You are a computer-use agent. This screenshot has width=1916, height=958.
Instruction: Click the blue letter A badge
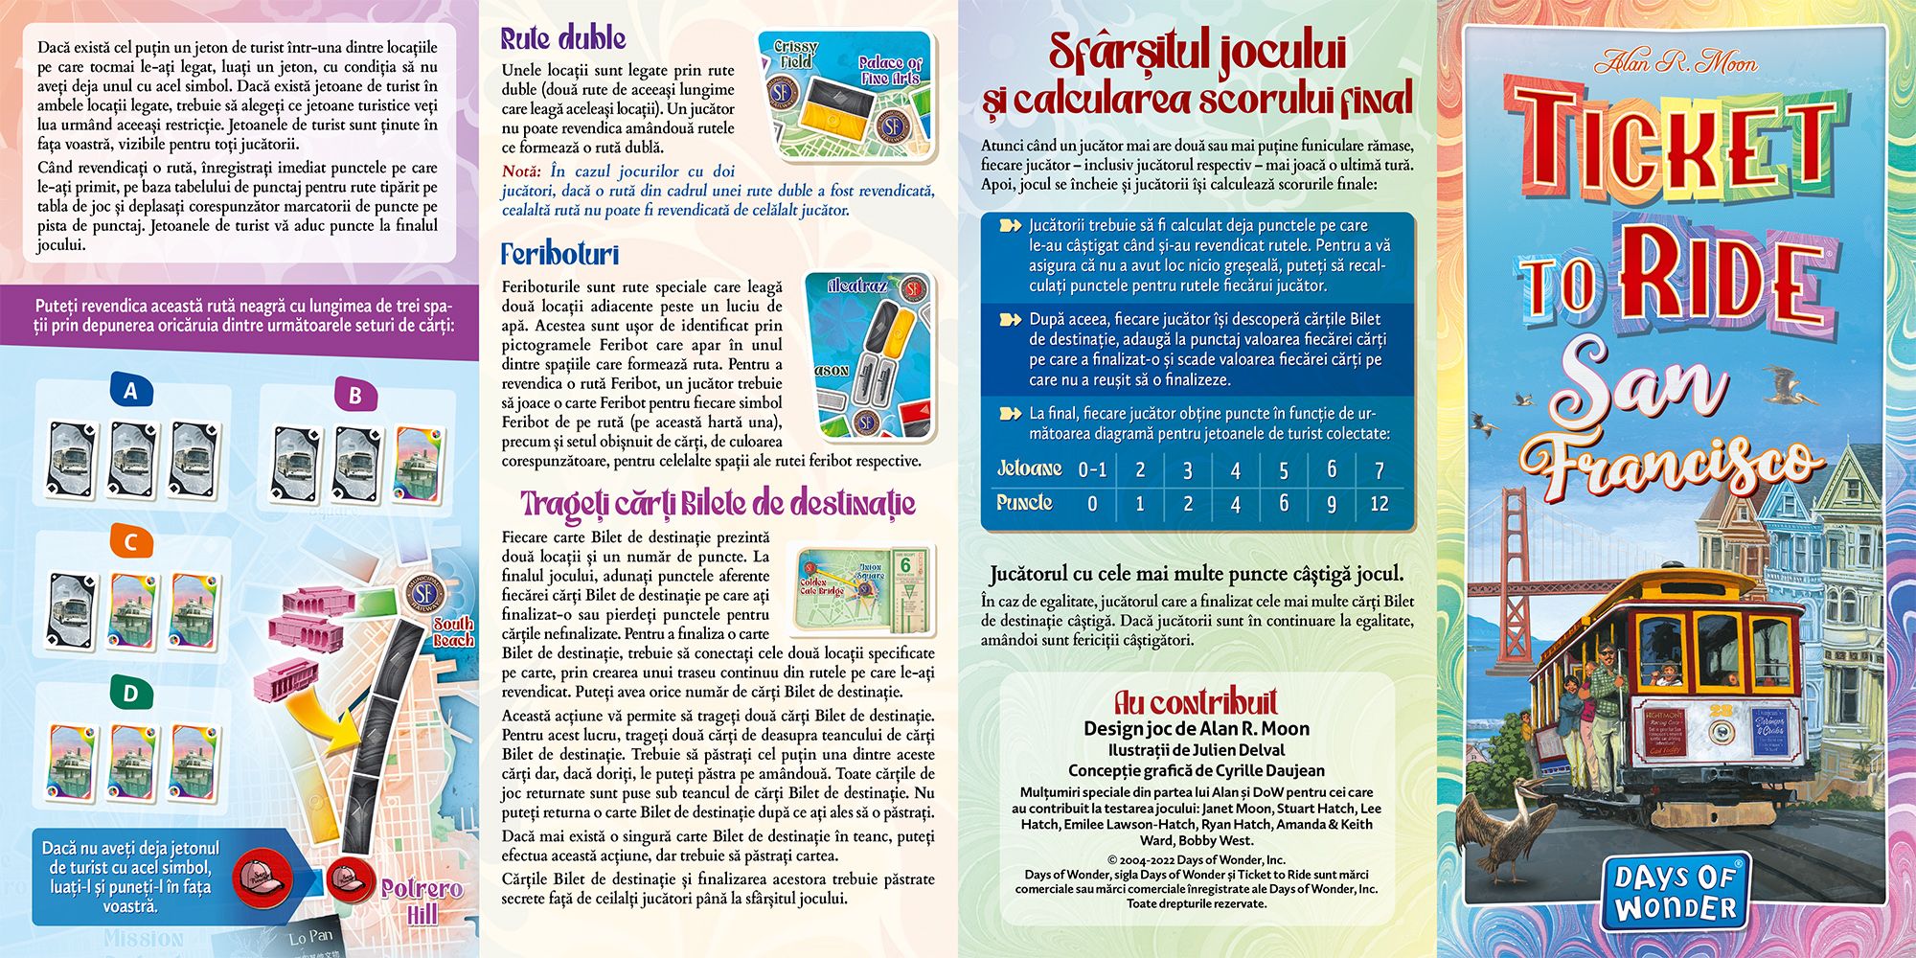coord(131,390)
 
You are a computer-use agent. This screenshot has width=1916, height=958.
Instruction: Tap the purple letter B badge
coord(354,395)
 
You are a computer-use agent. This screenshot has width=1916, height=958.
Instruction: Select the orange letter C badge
coord(131,542)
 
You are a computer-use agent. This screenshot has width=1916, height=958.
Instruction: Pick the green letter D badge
coord(131,693)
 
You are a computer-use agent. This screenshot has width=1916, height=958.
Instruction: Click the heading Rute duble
coord(562,38)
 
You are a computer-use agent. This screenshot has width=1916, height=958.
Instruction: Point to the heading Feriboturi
coord(559,254)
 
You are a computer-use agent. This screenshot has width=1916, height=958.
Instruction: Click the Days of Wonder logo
coord(1675,893)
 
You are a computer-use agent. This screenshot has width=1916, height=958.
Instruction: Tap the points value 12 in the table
coord(1379,504)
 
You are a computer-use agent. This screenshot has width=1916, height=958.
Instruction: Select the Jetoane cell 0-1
coord(1092,469)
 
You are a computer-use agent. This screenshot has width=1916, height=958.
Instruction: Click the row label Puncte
coord(1024,503)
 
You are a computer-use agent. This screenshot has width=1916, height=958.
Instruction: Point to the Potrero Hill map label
coord(422,901)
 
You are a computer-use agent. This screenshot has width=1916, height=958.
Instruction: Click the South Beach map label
coord(453,631)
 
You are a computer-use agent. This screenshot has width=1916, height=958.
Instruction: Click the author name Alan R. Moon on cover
coord(1676,63)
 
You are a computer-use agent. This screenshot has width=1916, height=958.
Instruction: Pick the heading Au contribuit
coord(1195,701)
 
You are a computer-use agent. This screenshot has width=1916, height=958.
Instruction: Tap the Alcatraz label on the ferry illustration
coord(857,285)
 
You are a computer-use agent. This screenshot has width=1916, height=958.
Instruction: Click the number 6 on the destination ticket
coord(904,565)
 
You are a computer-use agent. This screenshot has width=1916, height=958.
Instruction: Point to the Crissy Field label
coord(795,54)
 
